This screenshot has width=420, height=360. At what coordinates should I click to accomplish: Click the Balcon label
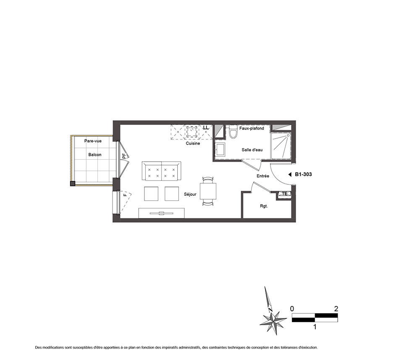point(95,155)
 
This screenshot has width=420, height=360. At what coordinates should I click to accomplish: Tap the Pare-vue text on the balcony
point(93,141)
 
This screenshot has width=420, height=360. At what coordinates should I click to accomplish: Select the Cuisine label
point(193,143)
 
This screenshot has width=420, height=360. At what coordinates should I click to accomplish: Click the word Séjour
point(190,194)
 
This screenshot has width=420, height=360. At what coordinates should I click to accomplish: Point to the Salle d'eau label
point(252,150)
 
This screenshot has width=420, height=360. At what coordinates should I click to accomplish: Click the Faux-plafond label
point(252,128)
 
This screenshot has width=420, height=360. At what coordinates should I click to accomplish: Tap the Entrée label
point(263,176)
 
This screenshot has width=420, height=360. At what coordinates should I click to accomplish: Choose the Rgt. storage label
point(264,206)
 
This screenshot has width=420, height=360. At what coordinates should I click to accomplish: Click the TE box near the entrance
point(284,193)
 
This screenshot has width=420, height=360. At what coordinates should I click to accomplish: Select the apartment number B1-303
point(304,174)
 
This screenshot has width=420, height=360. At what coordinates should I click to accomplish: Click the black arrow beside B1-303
point(289,175)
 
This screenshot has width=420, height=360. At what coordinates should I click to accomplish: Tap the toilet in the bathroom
point(233,132)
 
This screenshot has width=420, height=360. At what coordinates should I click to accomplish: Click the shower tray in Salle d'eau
point(281,146)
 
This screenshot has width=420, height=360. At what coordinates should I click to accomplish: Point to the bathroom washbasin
point(221,150)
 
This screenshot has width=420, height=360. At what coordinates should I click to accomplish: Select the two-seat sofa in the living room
point(162,171)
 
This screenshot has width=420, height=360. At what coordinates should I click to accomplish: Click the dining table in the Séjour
point(208,191)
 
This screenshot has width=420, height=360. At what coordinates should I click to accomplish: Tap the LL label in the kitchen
point(206,128)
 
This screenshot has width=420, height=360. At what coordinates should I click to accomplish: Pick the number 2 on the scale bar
point(336,309)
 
